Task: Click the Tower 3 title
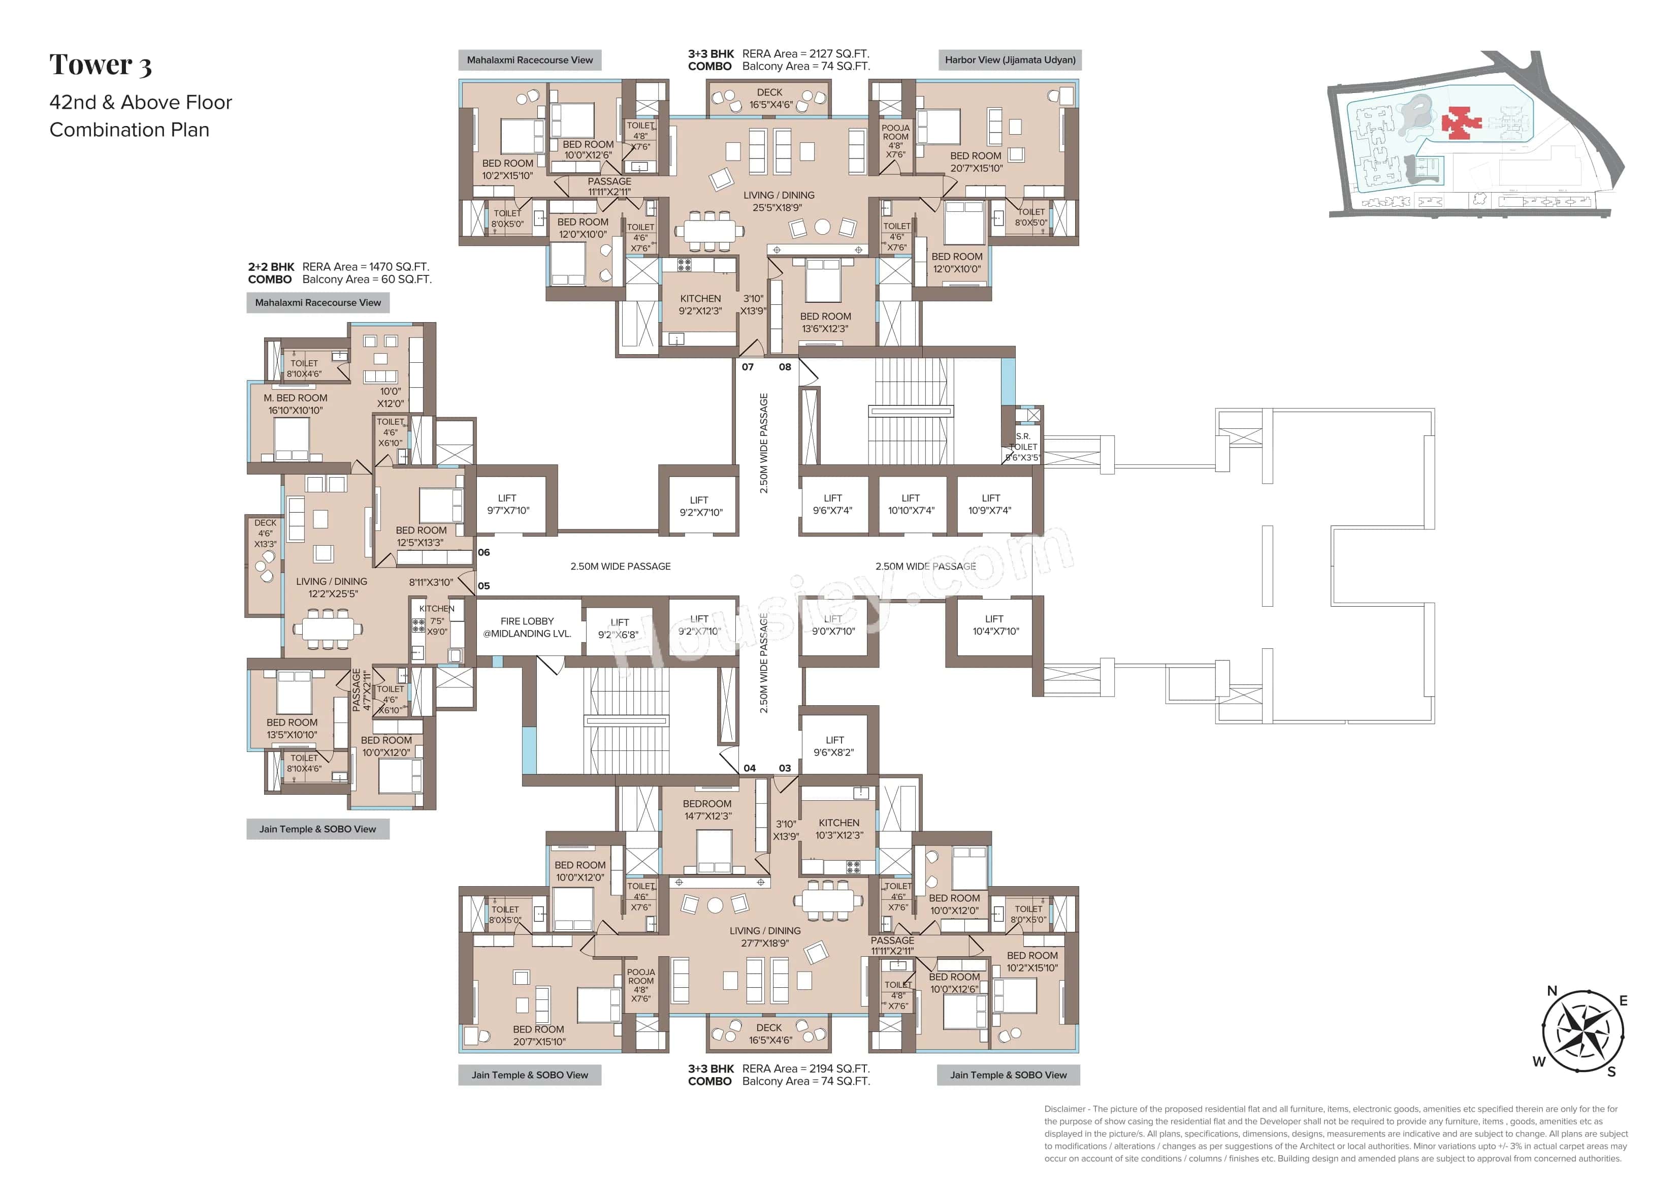point(101,66)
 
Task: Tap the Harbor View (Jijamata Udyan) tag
point(1010,60)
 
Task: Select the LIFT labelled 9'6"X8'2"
point(834,746)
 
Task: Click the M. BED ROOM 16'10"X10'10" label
point(295,404)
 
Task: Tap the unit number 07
point(748,367)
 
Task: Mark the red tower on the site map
point(1460,122)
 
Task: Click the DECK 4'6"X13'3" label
point(265,534)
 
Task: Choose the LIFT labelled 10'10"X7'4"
point(911,504)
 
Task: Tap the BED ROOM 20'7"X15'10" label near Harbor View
point(976,162)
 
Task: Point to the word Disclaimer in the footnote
point(1064,1109)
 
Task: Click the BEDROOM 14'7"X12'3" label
point(707,809)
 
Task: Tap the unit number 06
point(483,553)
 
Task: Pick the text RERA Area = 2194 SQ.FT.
point(805,1069)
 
